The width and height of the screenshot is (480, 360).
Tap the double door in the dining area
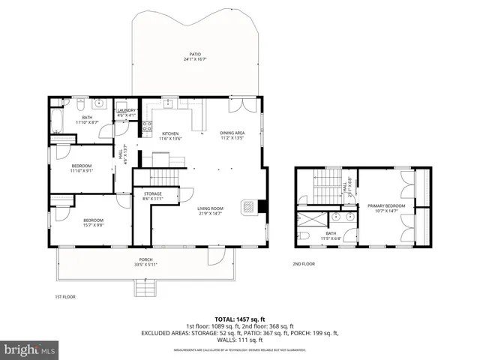click(239, 106)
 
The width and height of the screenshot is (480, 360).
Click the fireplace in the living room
click(247, 208)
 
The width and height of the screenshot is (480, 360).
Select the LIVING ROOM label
click(211, 211)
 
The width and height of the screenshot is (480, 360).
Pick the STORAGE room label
click(152, 196)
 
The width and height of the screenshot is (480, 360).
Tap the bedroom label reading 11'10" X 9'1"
click(81, 168)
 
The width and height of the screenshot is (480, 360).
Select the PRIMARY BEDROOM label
click(385, 208)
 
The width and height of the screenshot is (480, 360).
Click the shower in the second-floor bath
click(311, 220)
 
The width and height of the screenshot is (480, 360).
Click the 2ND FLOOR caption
click(303, 264)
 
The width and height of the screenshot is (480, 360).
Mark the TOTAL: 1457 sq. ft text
click(240, 319)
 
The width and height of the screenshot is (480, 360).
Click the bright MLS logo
click(30, 349)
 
